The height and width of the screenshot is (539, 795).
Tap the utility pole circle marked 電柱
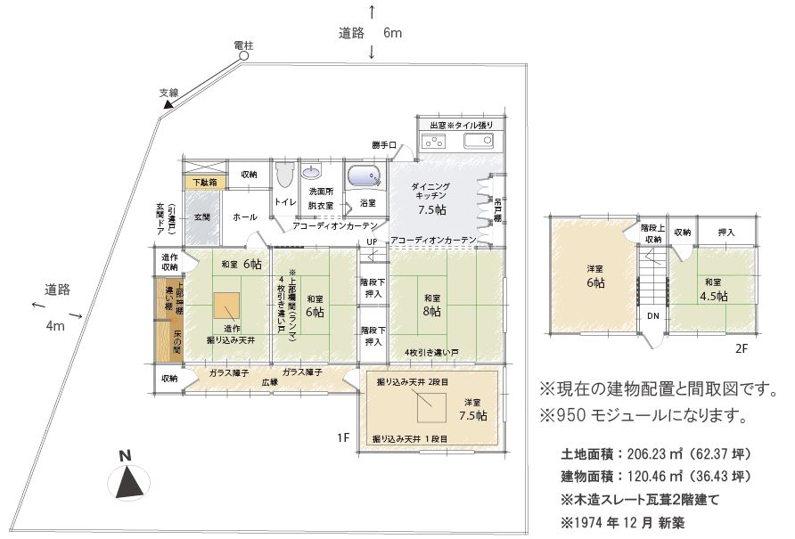(x=242, y=56)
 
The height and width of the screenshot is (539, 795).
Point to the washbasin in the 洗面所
(x=314, y=172)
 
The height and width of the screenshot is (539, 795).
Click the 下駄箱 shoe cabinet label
(x=206, y=183)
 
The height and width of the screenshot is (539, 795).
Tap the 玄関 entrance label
(x=201, y=216)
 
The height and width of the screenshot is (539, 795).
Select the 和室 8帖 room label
(x=433, y=305)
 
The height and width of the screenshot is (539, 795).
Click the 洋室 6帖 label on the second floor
(x=595, y=275)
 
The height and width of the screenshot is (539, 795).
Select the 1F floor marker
(x=343, y=437)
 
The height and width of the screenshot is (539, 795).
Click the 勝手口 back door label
(x=384, y=144)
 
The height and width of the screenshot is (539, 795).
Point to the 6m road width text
(x=393, y=33)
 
